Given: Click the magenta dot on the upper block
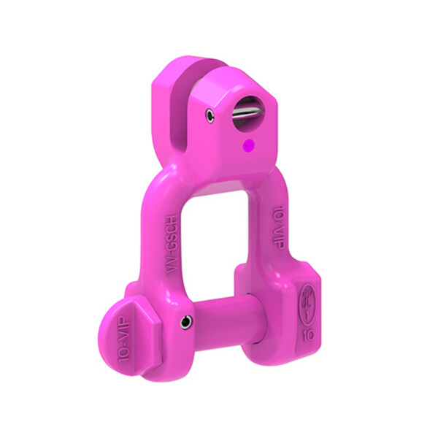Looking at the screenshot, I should [248, 145].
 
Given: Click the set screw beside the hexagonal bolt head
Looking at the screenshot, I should [188, 319].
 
